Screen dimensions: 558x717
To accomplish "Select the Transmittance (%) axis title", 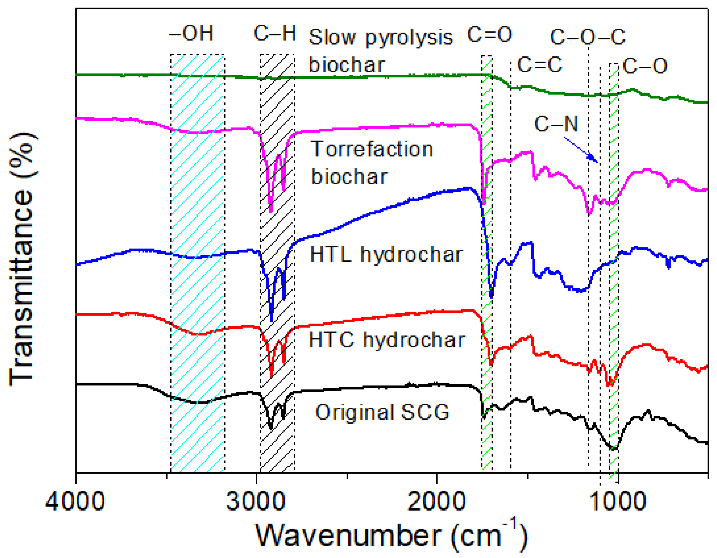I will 22,259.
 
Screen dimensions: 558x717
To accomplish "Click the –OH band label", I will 191,33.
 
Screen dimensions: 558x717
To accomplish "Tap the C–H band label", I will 275,33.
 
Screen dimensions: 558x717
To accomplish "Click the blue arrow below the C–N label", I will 581,150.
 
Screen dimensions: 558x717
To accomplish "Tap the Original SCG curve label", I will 382,412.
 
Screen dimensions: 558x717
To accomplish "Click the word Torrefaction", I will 372,149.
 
